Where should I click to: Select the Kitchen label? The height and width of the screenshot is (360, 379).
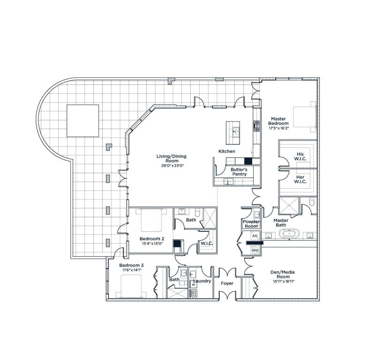point(226,151)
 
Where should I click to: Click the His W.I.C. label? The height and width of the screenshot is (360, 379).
point(300,156)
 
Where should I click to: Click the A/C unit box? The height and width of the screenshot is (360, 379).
point(255,236)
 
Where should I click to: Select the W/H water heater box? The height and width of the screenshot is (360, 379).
point(255,251)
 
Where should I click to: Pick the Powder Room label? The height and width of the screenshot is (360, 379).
point(251,223)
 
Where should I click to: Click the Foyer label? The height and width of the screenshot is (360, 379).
point(227,283)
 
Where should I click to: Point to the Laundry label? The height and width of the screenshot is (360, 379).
point(201,281)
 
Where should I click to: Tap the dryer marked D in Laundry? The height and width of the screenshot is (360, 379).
point(193,293)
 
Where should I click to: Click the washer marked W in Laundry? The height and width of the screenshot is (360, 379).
point(193,284)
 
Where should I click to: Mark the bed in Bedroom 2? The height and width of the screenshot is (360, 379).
point(151,220)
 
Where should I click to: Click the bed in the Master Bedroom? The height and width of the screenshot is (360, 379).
point(304,117)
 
